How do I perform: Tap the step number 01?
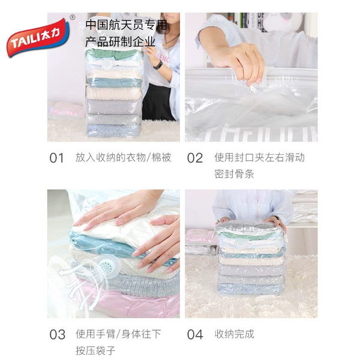(57, 158)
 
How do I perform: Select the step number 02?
(195, 158)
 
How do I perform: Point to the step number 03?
(58, 335)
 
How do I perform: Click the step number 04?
(195, 335)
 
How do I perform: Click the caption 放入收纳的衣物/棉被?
(123, 158)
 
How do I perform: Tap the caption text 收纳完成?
(235, 334)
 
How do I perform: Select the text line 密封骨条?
(234, 174)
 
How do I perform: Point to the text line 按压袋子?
(95, 350)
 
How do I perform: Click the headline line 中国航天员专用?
(126, 25)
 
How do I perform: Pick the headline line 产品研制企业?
(121, 42)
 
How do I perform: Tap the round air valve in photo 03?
(109, 266)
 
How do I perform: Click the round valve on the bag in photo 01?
(107, 64)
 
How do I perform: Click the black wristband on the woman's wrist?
(158, 65)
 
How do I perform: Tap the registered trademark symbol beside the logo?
(73, 17)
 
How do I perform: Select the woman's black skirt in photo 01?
(158, 102)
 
